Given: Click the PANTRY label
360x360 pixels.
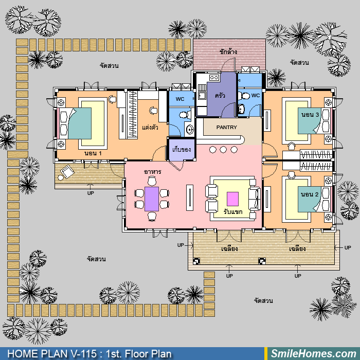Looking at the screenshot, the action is click(226, 127).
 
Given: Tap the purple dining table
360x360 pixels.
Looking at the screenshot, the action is click(152, 199).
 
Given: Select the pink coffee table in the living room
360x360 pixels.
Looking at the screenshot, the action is click(232, 199).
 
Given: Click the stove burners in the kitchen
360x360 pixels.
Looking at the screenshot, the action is click(214, 78).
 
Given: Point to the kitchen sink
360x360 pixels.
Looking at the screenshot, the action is click(202, 95).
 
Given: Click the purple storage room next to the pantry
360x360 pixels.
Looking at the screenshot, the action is click(182, 150).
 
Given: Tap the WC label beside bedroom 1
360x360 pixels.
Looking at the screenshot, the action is click(180, 99).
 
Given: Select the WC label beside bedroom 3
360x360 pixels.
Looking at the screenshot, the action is click(255, 95).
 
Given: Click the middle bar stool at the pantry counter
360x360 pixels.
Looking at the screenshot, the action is click(223, 150).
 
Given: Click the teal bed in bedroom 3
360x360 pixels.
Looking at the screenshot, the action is click(310, 121).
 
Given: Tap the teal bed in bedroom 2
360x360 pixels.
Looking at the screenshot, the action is click(310, 199).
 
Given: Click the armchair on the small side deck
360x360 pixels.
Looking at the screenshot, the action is click(67, 171).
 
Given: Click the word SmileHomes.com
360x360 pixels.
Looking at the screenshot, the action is click(313, 354).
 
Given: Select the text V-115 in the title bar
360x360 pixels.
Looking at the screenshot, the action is click(84, 354).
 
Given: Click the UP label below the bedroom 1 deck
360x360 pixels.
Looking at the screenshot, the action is click(91, 193).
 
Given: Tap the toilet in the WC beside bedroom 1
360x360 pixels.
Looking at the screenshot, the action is click(185, 115).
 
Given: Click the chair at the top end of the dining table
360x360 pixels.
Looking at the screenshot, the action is click(152, 181).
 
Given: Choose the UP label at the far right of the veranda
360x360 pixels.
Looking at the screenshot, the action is click(348, 247).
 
